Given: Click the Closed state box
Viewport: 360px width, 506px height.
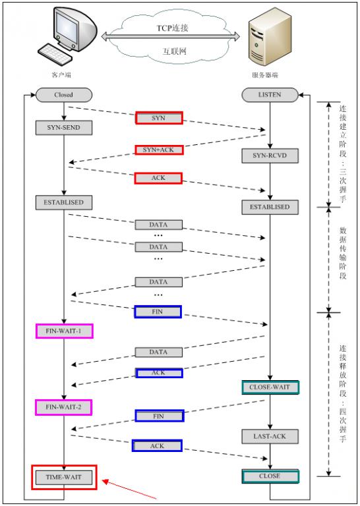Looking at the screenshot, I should (63, 95).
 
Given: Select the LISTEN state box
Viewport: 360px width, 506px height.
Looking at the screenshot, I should (270, 95).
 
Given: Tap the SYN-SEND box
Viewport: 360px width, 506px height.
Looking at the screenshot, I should (63, 126).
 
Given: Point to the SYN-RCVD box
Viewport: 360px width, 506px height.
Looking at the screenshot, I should (270, 155).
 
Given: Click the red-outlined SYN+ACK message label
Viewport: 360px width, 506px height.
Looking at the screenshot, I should (158, 150).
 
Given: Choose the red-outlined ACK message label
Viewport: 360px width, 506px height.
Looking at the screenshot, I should (158, 178).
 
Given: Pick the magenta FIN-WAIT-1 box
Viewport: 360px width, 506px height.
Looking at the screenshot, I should (64, 330).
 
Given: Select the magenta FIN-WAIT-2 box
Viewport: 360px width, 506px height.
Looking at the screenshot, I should (64, 407).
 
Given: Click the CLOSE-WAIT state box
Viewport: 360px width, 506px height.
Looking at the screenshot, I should (270, 387).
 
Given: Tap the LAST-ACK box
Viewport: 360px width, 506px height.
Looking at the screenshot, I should (270, 436).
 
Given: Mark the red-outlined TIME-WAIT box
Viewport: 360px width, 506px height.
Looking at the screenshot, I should (64, 477).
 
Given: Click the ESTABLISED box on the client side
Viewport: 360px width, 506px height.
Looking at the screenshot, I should (64, 202).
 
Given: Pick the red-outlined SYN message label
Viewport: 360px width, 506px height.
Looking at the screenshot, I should (158, 117).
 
